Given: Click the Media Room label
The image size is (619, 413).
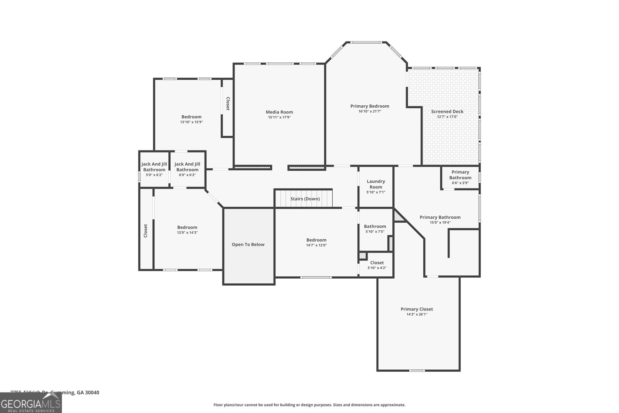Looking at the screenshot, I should pyautogui.click(x=279, y=112).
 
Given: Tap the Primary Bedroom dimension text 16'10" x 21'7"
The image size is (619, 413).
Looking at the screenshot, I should pyautogui.click(x=369, y=111).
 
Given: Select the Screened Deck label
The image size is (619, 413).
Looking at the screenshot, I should pyautogui.click(x=447, y=111).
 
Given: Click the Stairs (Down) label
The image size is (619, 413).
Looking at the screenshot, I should pyautogui.click(x=305, y=199).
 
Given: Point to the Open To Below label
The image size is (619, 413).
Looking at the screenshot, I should pyautogui.click(x=248, y=245).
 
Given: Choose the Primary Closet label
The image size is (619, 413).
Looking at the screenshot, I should pyautogui.click(x=417, y=309).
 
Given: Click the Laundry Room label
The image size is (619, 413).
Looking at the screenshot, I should pyautogui.click(x=376, y=184).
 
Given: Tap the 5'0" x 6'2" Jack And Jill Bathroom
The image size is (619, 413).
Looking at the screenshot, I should pyautogui.click(x=154, y=169).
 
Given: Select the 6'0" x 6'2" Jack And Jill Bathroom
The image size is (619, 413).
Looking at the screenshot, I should pyautogui.click(x=187, y=169).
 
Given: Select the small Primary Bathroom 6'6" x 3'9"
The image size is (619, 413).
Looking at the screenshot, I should pyautogui.click(x=460, y=177).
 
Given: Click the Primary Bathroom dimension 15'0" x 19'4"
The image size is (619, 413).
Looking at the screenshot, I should pyautogui.click(x=440, y=223).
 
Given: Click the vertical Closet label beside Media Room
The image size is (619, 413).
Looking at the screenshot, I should pyautogui.click(x=228, y=104).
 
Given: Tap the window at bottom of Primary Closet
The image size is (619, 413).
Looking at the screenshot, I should pyautogui.click(x=417, y=371).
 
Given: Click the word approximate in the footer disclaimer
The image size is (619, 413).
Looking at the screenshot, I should pyautogui.click(x=393, y=405).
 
